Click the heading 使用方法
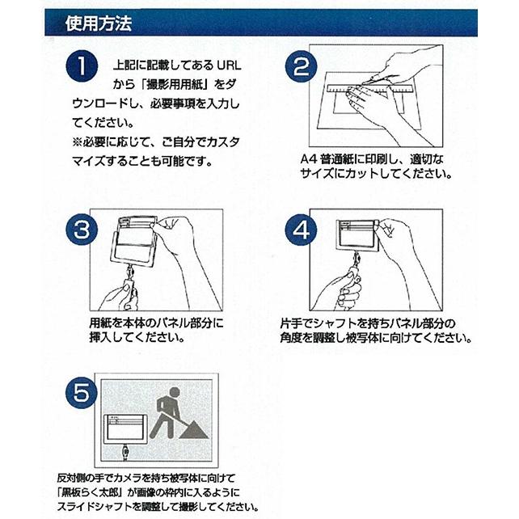(99, 23)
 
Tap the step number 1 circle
(82, 66)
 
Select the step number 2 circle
(302, 66)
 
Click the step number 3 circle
(82, 230)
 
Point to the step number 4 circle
(302, 230)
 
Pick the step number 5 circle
(82, 393)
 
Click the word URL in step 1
(229, 65)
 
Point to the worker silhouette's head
(175, 393)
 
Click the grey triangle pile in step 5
(194, 428)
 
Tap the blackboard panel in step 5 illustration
(124, 429)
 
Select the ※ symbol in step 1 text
(77, 142)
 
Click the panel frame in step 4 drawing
(357, 234)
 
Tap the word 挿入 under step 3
(100, 338)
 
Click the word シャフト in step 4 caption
(336, 323)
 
